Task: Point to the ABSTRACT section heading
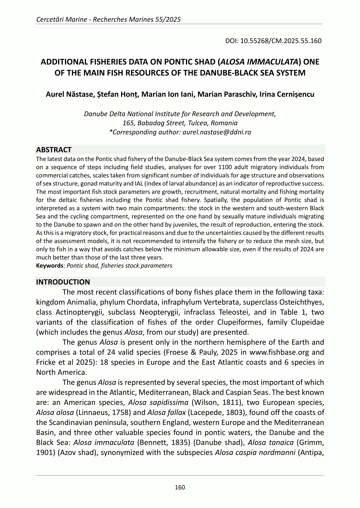pyautogui.click(x=54, y=150)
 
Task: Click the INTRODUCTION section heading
pyautogui.click(x=63, y=282)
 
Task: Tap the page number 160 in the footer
pyautogui.click(x=180, y=487)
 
